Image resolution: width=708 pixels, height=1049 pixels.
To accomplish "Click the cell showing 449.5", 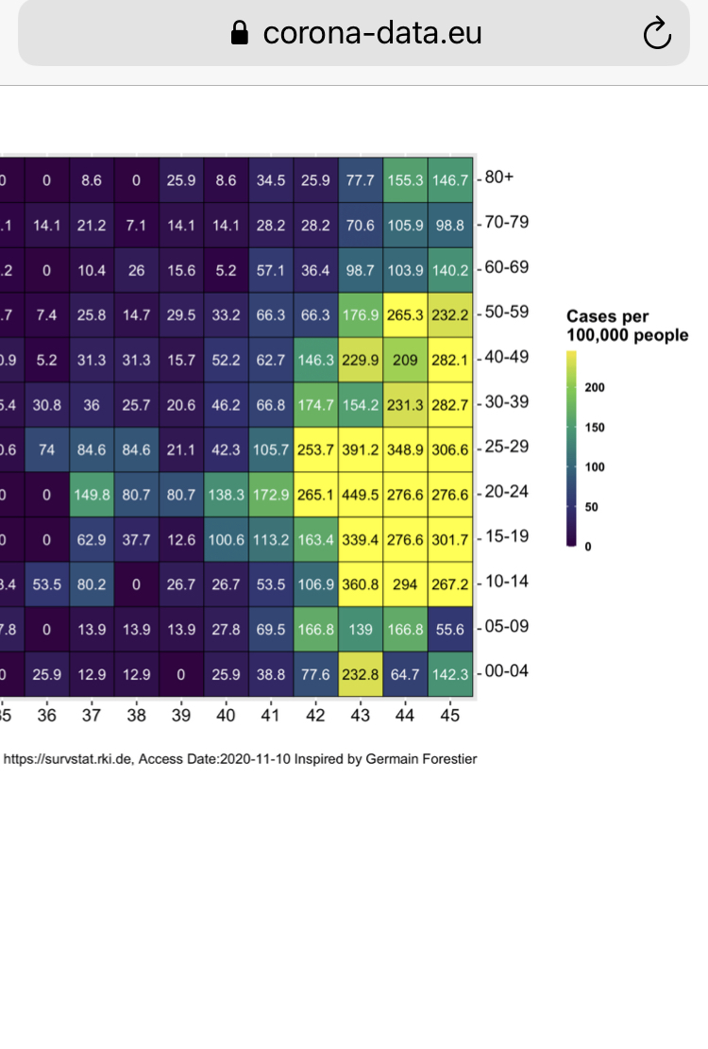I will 360,493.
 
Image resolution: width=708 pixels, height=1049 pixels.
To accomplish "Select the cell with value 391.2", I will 360,448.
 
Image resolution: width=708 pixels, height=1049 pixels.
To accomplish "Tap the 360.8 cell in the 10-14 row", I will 360,584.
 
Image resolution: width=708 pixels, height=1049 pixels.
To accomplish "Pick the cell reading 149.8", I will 91,493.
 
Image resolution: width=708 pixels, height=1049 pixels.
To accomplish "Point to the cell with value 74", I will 46,448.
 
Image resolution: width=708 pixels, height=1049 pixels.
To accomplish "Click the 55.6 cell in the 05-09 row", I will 449,628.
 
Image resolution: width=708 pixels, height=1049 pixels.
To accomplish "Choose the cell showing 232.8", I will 360,673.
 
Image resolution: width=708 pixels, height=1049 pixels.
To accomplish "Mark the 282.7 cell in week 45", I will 449,403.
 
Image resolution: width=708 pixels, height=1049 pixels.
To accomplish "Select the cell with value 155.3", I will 405,178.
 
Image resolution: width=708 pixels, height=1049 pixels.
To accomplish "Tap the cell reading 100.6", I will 226,538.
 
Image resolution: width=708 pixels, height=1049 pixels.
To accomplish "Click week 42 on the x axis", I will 315,716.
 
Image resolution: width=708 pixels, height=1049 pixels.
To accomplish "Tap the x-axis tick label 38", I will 136,716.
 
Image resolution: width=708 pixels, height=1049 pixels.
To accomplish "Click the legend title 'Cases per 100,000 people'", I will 627,326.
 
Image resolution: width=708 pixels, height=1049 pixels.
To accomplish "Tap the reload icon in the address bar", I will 656,35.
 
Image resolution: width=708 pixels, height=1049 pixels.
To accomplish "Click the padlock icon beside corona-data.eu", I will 240,34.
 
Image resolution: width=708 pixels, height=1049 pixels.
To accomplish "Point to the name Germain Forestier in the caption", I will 424,758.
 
